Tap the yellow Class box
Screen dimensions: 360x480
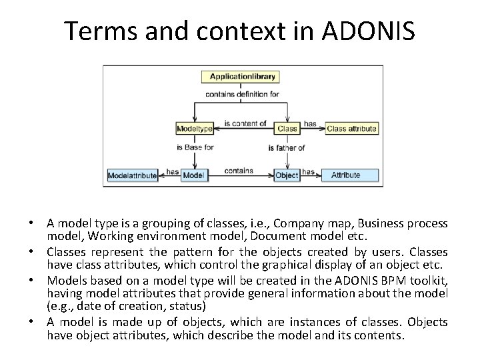pyautogui.click(x=287, y=128)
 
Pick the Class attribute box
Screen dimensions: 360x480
pyautogui.click(x=351, y=128)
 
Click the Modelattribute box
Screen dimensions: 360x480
pyautogui.click(x=133, y=175)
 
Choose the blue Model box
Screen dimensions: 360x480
pyautogui.click(x=193, y=175)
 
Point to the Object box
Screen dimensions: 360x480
pyautogui.click(x=287, y=175)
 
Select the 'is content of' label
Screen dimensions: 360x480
pyautogui.click(x=245, y=123)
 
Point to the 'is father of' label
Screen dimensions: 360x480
pyautogui.click(x=286, y=147)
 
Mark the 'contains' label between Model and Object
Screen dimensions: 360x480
pyautogui.click(x=238, y=171)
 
